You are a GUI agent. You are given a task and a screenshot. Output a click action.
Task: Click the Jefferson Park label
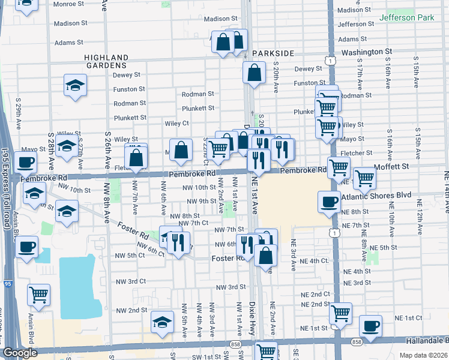click(406, 18)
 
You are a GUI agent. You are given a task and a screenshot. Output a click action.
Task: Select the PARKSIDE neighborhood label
click(273, 53)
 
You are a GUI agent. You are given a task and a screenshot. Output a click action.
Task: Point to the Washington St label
click(366, 53)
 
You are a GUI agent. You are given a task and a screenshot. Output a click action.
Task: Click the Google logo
click(20, 353)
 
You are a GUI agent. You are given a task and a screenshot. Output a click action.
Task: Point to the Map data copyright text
click(424, 355)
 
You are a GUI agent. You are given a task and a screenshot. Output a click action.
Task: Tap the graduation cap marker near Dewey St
click(75, 86)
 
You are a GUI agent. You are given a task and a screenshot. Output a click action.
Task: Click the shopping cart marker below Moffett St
click(364, 178)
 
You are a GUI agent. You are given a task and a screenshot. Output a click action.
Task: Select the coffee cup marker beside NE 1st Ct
click(370, 326)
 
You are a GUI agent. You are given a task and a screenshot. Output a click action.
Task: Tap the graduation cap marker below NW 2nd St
click(161, 323)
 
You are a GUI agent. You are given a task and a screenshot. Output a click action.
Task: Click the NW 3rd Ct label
click(131, 281)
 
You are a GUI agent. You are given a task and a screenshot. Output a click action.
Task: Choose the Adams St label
click(68, 43)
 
